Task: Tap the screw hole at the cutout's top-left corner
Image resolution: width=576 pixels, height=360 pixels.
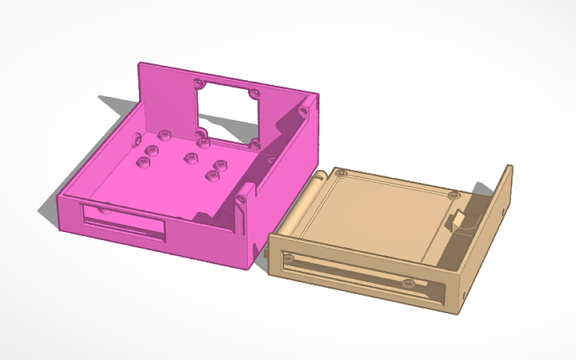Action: pyautogui.click(x=199, y=83)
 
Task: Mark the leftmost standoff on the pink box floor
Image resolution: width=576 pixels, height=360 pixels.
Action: pyautogui.click(x=144, y=163)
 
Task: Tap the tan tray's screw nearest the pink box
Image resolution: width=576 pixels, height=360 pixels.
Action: pyautogui.click(x=341, y=172)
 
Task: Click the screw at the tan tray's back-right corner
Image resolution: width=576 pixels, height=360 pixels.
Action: pyautogui.click(x=454, y=195)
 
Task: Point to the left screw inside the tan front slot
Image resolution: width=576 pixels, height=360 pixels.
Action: pyautogui.click(x=287, y=258)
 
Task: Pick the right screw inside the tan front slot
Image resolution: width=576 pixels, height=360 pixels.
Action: pyautogui.click(x=408, y=283)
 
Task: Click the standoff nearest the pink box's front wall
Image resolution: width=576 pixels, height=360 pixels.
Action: pyautogui.click(x=211, y=176)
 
